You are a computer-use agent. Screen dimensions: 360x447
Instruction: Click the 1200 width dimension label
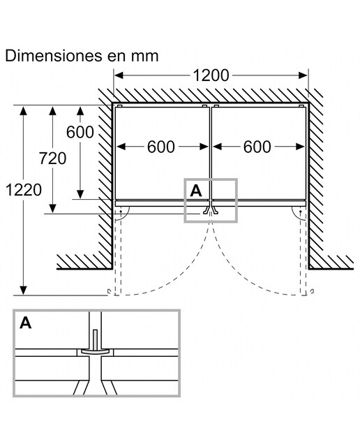[x=211, y=75]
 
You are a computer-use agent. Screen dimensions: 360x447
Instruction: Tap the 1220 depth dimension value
[x=24, y=190]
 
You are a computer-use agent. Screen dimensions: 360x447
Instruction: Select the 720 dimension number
[x=53, y=159]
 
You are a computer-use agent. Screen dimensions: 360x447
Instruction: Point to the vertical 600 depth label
[x=80, y=132]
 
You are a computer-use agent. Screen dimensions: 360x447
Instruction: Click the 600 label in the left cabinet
[x=161, y=147]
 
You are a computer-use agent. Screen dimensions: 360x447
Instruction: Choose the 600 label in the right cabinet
[x=257, y=147]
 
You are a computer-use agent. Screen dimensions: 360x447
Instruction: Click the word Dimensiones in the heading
[x=54, y=56]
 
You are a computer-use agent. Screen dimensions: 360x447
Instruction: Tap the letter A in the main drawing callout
[x=196, y=191]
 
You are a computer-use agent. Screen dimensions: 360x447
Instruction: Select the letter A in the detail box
[x=26, y=323]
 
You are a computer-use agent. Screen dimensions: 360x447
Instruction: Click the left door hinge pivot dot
[x=121, y=212]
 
